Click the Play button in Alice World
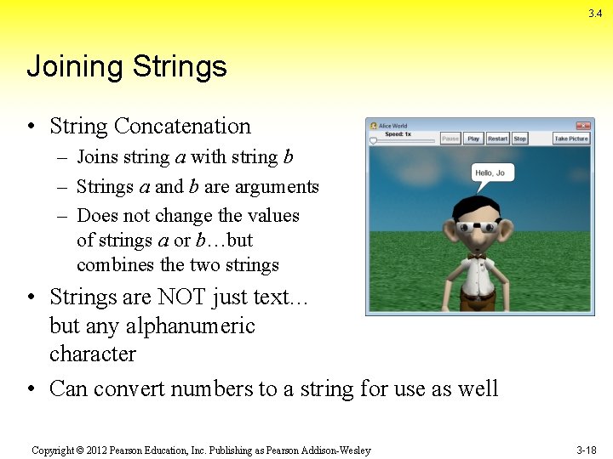pos(473,139)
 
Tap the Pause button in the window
pos(450,139)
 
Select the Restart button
pos(497,139)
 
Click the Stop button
pos(519,139)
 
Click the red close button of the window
pos(583,126)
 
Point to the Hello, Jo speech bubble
pos(491,173)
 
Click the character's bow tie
pos(477,254)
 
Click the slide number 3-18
pos(586,450)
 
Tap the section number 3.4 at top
pos(595,14)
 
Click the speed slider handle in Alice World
pos(373,141)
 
